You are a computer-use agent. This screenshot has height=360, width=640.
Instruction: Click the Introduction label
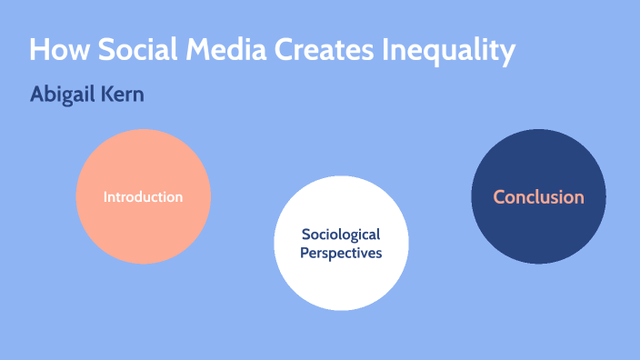(143, 196)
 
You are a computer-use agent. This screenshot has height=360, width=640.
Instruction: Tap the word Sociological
(341, 235)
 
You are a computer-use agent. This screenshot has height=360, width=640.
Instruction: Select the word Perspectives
(341, 253)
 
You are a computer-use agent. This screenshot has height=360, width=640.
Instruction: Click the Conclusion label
(538, 196)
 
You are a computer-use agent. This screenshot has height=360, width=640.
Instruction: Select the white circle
(341, 282)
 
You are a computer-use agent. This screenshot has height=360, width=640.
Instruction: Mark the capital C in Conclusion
(499, 196)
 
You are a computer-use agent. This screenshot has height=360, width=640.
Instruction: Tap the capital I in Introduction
(105, 196)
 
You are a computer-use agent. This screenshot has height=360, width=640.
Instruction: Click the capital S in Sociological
(305, 235)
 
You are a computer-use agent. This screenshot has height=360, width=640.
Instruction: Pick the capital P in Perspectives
(305, 253)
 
